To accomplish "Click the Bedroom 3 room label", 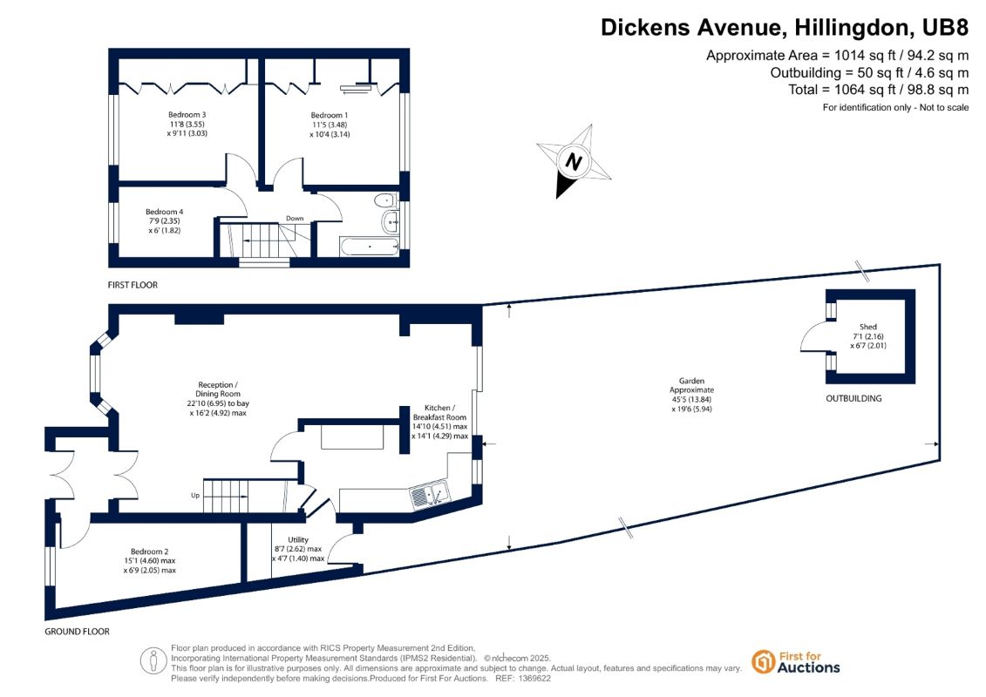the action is point(187,114).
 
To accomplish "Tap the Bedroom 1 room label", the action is point(329,115).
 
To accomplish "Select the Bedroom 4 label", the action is point(164,212).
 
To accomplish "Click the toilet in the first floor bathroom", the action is point(384,200).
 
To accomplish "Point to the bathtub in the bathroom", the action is point(370,246).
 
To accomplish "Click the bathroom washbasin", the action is point(391,221).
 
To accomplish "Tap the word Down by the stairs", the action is point(295,219).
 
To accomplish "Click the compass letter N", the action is point(574,161).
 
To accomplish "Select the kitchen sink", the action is point(430,495).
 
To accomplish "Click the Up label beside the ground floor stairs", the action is point(195,495).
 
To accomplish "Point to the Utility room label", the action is point(298,539).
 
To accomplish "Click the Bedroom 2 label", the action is point(150,552).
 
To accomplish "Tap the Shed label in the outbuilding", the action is point(867,327).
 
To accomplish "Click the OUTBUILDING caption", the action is point(853,398).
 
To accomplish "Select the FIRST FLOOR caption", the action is point(133,285).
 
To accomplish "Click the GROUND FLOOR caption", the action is point(77,631).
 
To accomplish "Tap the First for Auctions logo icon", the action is point(763,662).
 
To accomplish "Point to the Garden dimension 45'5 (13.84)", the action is point(691,399).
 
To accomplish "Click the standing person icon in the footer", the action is point(153,661).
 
